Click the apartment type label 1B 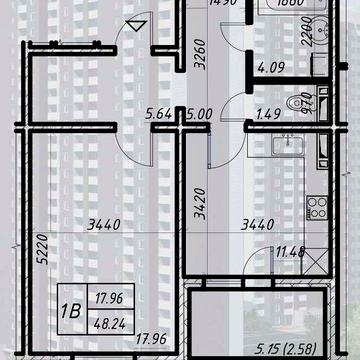[x=71, y=310]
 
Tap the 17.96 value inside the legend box [x=107, y=297]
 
